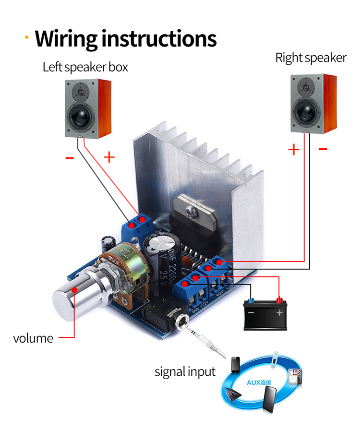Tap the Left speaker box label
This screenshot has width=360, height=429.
click(x=85, y=67)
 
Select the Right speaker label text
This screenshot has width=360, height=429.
click(x=311, y=58)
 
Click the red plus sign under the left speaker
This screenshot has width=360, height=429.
click(x=109, y=157)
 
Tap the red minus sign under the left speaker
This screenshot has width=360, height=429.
click(x=70, y=157)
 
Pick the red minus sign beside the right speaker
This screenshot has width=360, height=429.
click(x=323, y=149)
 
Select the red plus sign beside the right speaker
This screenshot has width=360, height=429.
click(x=293, y=149)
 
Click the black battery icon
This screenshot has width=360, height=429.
click(x=265, y=314)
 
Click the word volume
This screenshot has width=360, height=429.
click(x=33, y=338)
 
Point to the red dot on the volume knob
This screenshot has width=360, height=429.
click(x=74, y=289)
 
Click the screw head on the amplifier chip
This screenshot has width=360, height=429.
click(x=191, y=209)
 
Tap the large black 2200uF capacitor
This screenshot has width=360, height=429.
click(x=163, y=259)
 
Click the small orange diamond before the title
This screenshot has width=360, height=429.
click(x=27, y=37)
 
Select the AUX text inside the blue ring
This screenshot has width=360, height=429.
click(x=259, y=382)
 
